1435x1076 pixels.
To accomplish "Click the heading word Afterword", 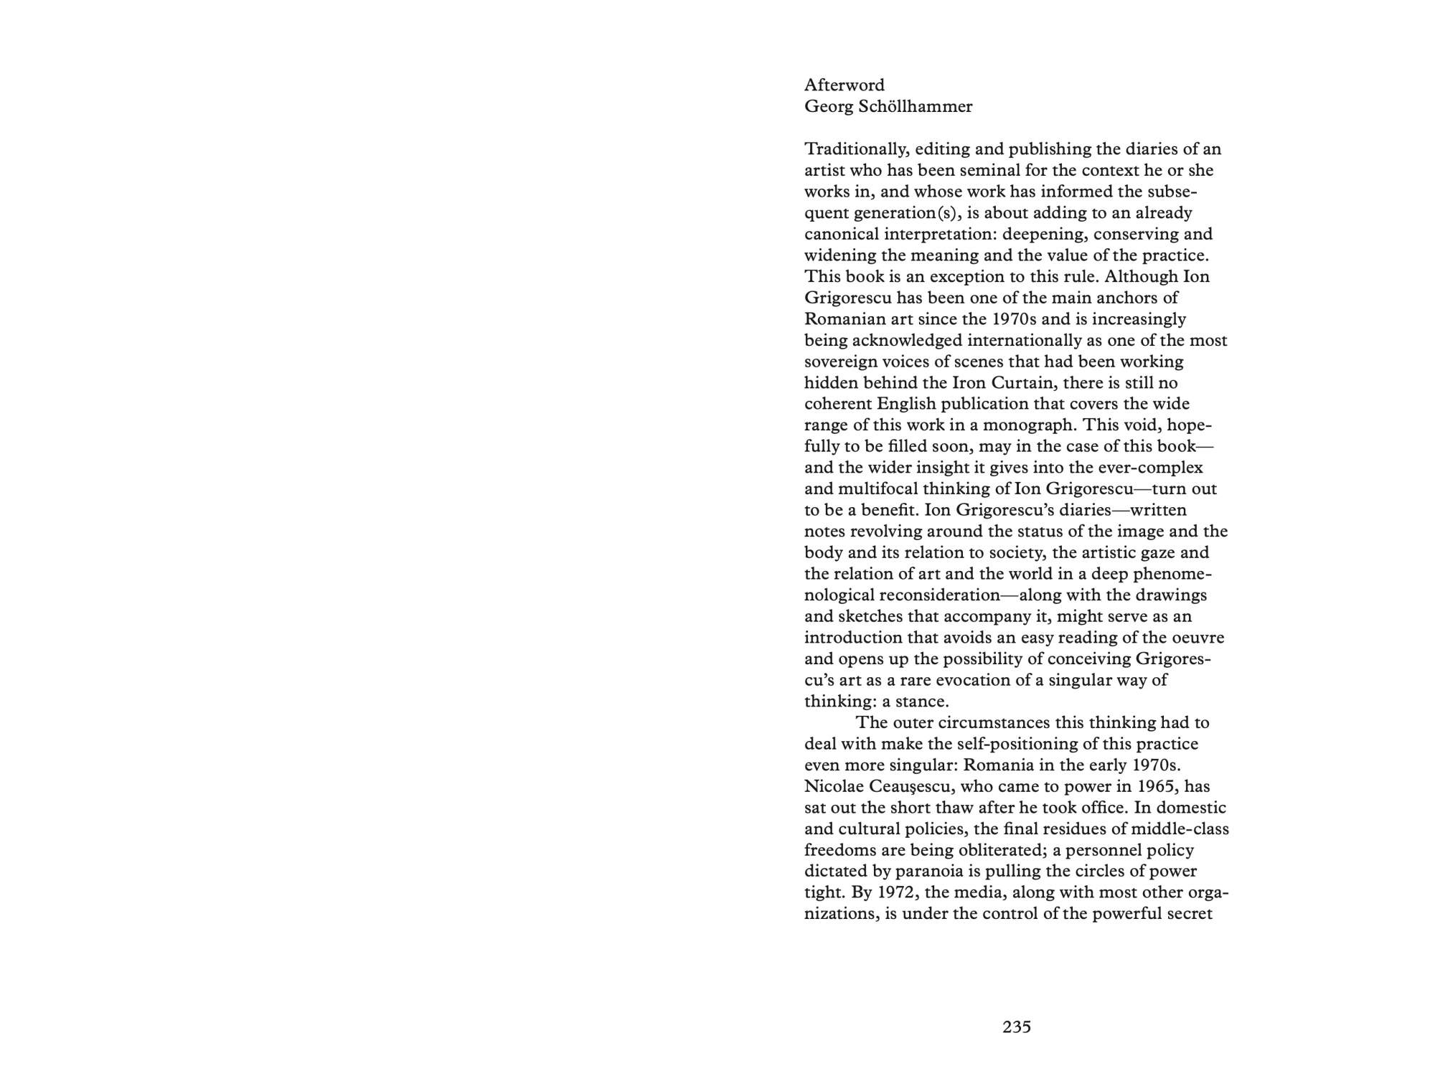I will tap(844, 85).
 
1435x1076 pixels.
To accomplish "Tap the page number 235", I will tap(1017, 1027).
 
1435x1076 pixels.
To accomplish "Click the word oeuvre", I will tap(1195, 638).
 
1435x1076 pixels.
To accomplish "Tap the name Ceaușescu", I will tap(908, 787).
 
